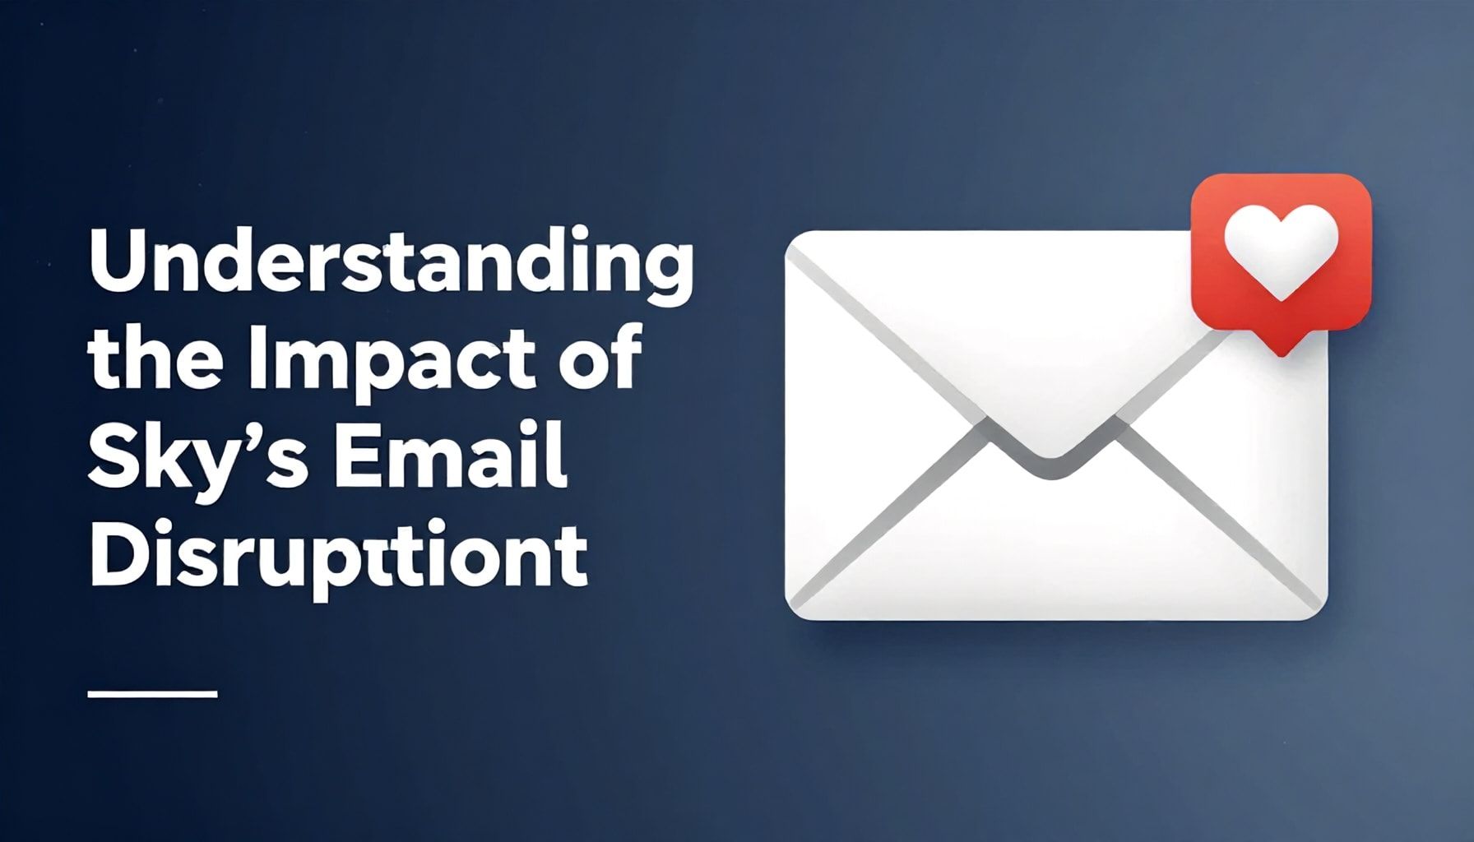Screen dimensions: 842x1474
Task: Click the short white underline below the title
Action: pyautogui.click(x=152, y=694)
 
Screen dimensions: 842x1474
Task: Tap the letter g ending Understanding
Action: pyautogui.click(x=667, y=275)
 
